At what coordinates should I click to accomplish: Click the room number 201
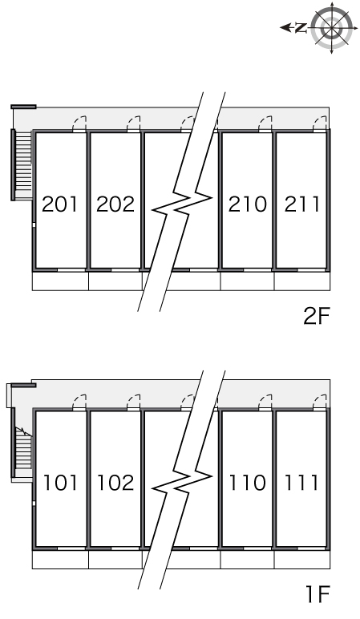[59, 204]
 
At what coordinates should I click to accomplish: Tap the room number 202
[115, 204]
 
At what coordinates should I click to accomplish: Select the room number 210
[247, 204]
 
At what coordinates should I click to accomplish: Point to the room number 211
[302, 204]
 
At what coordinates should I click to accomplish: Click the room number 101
[59, 483]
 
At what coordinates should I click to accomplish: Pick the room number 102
[115, 483]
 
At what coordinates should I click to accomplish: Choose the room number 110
[247, 483]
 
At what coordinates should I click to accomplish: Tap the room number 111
[302, 483]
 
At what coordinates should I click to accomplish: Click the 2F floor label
[316, 316]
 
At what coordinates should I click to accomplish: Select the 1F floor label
[317, 594]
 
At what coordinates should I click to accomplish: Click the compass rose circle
[332, 28]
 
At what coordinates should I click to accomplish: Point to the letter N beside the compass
[301, 27]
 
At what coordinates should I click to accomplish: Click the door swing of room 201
[79, 123]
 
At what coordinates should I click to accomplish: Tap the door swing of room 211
[320, 123]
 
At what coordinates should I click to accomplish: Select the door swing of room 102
[133, 402]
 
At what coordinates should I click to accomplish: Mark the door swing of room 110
[265, 402]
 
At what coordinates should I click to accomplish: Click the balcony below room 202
[115, 281]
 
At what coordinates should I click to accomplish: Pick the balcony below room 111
[302, 560]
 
